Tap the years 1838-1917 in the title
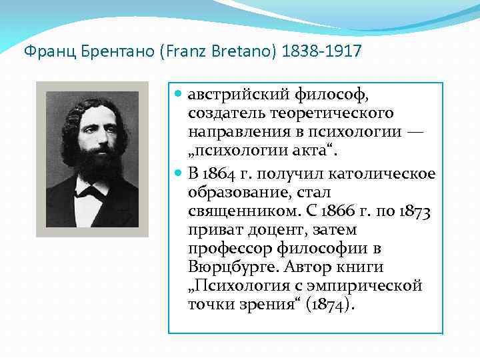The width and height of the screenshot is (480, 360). (322, 52)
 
